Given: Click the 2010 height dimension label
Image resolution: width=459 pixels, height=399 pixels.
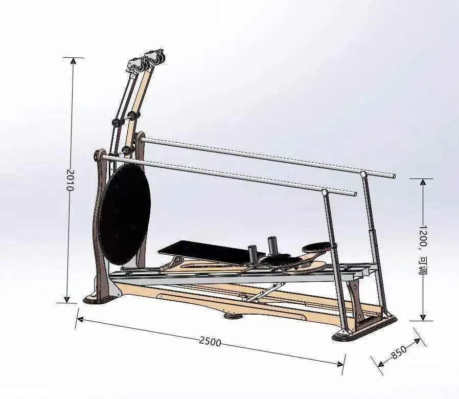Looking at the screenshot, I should click(x=71, y=180).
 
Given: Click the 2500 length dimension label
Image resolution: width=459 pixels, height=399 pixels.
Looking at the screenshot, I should click(x=210, y=341).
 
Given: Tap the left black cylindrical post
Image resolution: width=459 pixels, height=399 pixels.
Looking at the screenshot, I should click(x=252, y=252).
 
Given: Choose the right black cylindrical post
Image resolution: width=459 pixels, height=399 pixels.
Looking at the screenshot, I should click(x=272, y=245).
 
